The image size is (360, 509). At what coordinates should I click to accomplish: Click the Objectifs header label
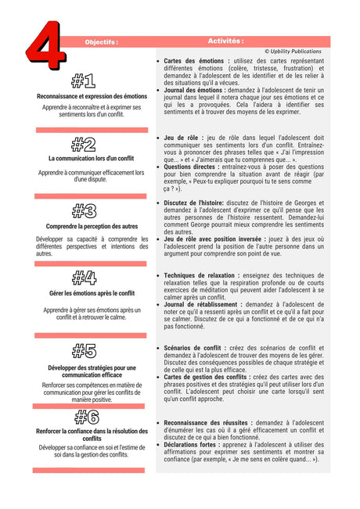click(102, 42)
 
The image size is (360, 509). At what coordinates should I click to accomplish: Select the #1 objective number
click(83, 81)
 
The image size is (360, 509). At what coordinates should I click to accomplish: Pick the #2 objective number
click(83, 144)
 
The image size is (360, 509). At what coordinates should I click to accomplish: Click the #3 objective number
click(83, 210)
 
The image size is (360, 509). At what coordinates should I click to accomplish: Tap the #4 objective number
click(83, 277)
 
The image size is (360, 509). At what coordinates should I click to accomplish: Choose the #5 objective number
click(84, 350)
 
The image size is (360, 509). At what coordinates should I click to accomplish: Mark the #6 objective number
click(84, 416)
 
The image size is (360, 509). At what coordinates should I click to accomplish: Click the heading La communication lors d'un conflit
click(92, 159)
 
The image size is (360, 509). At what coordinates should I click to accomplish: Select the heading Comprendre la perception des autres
click(92, 226)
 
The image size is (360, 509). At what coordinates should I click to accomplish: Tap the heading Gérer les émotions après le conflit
click(92, 293)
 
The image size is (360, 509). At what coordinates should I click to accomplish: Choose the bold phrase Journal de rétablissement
click(203, 305)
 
